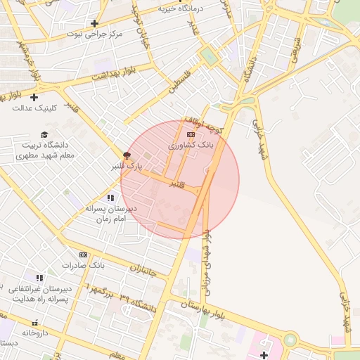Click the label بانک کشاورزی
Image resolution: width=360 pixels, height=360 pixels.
click(x=191, y=144)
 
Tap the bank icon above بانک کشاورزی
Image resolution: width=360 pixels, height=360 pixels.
click(x=191, y=134)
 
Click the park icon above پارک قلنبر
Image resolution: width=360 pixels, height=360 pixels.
click(x=127, y=155)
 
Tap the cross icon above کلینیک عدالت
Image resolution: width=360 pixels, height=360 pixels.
click(x=34, y=97)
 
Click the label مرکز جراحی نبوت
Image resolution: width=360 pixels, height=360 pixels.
click(x=94, y=33)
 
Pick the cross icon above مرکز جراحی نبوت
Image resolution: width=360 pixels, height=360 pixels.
click(x=94, y=23)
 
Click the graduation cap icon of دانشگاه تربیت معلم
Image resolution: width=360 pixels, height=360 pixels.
click(x=44, y=134)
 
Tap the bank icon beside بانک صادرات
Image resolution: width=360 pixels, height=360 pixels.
click(x=83, y=255)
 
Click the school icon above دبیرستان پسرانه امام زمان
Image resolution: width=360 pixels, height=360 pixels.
click(x=110, y=198)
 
